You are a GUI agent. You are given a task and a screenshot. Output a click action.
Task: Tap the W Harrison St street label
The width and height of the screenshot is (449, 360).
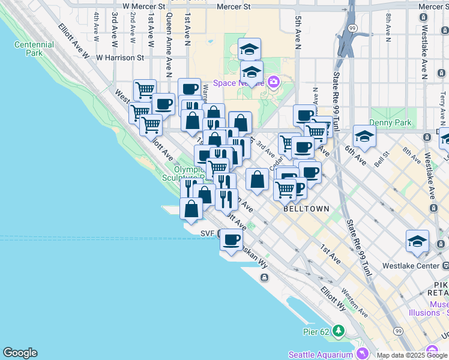[120, 58]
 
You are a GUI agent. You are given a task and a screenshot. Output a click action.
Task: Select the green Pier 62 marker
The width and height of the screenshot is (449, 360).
[339, 331]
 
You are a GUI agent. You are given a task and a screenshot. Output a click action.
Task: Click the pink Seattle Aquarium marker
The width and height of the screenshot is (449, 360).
[362, 353]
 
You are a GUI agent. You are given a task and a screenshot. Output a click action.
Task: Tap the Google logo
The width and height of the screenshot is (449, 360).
[20, 353]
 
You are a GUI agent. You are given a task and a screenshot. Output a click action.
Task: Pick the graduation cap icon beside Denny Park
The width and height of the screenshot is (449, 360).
[364, 136]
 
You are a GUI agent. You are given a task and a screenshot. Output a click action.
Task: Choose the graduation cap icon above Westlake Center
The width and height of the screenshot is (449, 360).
[417, 241]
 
